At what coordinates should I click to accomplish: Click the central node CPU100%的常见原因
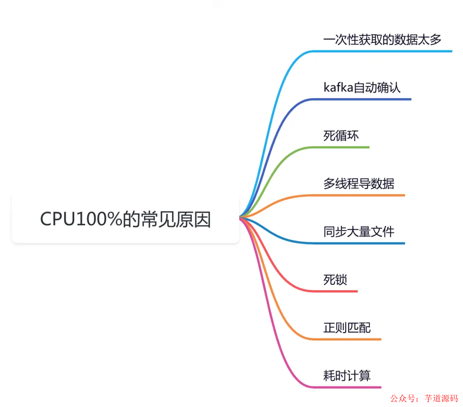tap(125, 219)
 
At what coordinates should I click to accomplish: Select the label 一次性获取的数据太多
tap(382, 40)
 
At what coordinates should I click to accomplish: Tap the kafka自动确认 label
tap(362, 88)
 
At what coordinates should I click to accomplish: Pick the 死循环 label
tap(341, 136)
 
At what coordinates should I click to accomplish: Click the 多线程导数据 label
tap(358, 184)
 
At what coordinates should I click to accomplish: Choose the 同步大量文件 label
tap(358, 232)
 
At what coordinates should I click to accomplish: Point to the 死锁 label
tap(335, 280)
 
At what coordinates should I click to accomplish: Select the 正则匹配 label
tap(347, 328)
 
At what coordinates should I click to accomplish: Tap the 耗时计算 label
tap(347, 376)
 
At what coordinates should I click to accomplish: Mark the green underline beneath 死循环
tap(343, 148)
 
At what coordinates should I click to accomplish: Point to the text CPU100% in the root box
tap(81, 219)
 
